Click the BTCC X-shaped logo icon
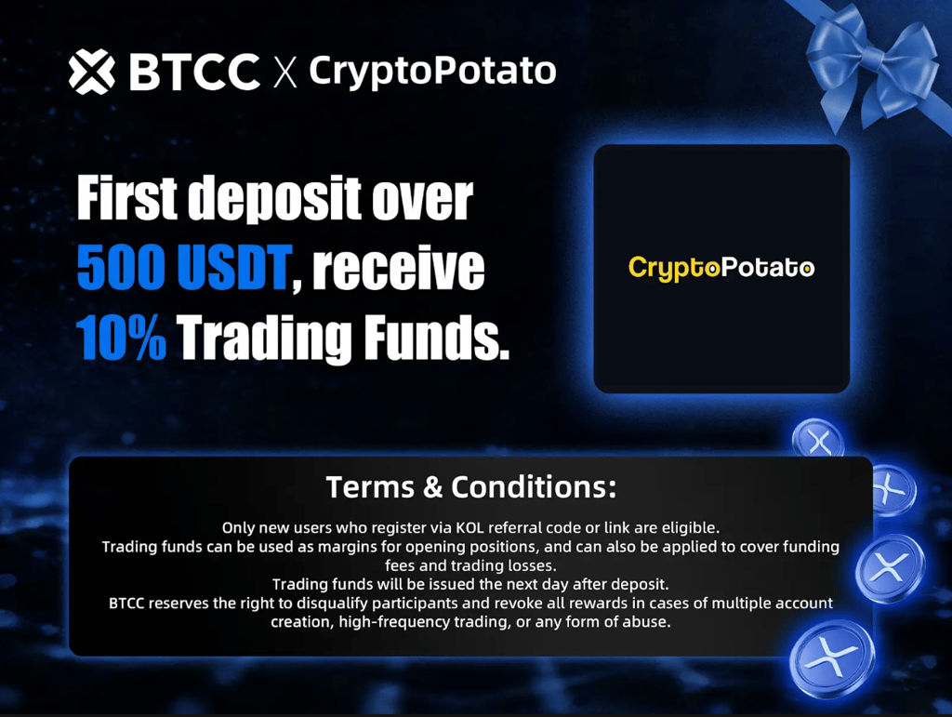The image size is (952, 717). [x=92, y=72]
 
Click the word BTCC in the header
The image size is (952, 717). [x=194, y=72]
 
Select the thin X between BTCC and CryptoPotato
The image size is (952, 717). [x=284, y=73]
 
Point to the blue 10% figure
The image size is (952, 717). [x=122, y=337]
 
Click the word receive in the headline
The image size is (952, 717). [x=398, y=268]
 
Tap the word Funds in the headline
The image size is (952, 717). [x=436, y=337]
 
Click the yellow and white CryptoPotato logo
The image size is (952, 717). [x=721, y=269]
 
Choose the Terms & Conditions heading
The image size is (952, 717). [x=471, y=487]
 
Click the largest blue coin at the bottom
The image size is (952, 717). [x=832, y=658]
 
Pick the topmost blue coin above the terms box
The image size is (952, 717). [x=818, y=438]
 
